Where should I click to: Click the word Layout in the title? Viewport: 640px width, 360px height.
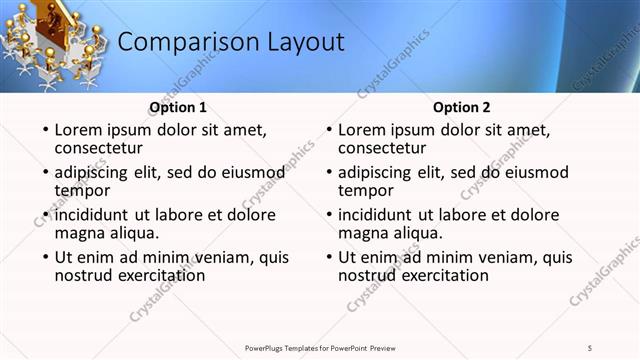303,42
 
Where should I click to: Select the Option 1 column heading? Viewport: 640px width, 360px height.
178,107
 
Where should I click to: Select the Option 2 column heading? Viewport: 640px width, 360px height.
462,107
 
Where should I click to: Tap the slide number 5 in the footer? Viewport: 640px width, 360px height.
590,347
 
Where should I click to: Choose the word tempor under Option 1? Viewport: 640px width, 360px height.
82,190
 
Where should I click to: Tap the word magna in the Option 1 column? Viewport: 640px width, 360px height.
80,233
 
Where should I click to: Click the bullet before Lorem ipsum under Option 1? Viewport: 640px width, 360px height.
44,130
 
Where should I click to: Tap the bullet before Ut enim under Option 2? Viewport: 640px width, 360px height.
328,258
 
